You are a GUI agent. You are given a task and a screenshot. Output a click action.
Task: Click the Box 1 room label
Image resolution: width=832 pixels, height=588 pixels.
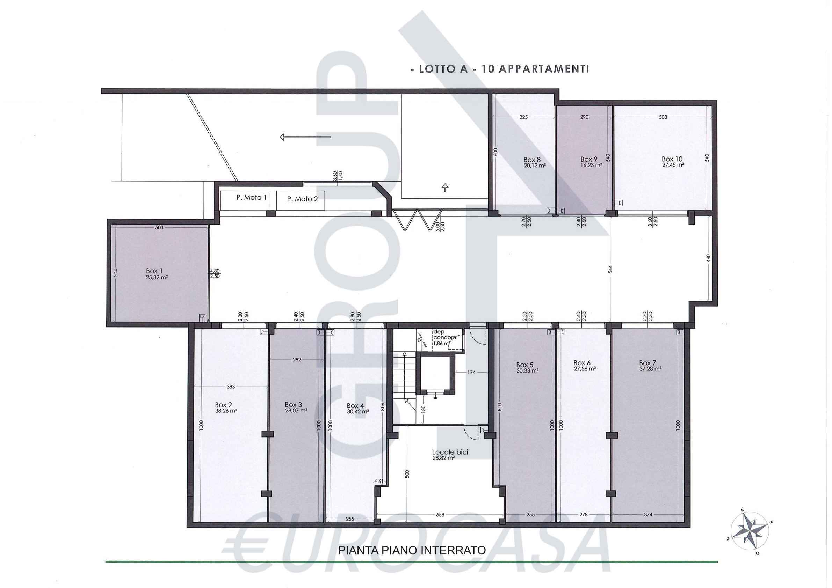tap(154, 271)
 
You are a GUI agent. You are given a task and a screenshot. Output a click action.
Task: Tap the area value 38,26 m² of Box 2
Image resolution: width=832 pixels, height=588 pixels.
tap(226, 411)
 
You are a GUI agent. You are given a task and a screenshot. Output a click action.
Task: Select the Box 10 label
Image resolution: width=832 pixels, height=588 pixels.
tap(672, 159)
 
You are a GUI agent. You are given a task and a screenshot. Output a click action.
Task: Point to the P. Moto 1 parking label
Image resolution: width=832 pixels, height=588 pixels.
tap(252, 197)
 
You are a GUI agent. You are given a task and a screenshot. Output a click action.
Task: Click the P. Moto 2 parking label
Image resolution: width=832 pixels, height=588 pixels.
tap(302, 199)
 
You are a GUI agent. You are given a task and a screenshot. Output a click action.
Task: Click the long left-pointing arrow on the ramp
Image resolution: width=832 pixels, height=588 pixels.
tap(305, 137)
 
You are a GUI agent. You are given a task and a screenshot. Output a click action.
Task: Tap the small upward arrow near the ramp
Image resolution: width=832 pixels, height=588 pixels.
tap(444, 188)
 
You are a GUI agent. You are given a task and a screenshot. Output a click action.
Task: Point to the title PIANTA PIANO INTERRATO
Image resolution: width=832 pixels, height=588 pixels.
tap(412, 551)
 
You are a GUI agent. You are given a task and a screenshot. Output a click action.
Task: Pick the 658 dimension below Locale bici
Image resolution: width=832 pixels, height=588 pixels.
tap(440, 515)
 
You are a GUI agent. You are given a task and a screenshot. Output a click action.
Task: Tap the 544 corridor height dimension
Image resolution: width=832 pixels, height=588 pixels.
tap(610, 269)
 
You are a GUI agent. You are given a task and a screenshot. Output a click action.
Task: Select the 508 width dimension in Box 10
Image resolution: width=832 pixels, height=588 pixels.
tap(663, 117)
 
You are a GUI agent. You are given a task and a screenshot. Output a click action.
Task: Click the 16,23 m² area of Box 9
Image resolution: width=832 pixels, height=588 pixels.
tap(591, 165)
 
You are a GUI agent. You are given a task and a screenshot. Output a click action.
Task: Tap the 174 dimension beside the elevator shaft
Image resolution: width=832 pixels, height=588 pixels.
tap(471, 372)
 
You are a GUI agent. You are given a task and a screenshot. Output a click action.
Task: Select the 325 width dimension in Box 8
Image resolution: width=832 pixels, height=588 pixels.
tap(523, 117)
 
